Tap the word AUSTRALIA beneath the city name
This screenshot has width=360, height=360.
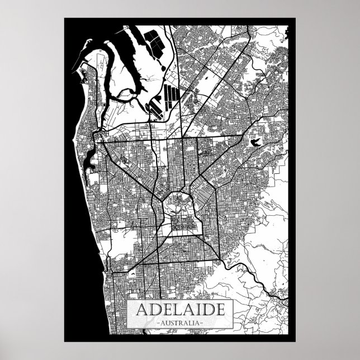click(180, 324)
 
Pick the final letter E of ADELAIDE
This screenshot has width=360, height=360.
click(217, 311)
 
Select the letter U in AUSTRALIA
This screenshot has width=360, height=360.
click(167, 324)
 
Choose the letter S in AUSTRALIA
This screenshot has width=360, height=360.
click(172, 324)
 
